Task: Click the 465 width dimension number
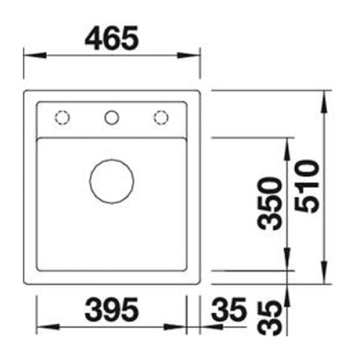coord(112,38)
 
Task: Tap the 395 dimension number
coord(112,310)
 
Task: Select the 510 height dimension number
coord(307,187)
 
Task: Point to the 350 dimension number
coord(269,203)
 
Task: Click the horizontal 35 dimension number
coord(229,310)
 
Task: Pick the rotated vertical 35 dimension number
coord(269,319)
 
